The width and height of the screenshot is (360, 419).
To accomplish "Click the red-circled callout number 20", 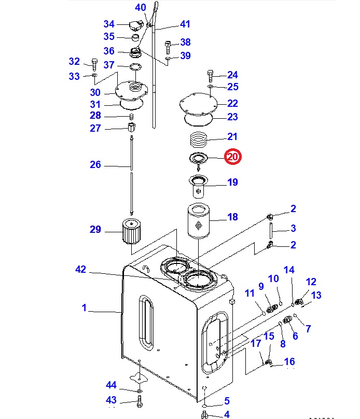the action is point(232,157).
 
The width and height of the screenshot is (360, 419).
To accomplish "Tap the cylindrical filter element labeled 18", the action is point(199,221).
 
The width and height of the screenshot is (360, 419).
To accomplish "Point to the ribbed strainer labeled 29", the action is point(131,231).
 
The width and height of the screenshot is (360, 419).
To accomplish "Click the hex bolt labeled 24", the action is point(210,76).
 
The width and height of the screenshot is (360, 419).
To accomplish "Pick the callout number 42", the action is point(81,269).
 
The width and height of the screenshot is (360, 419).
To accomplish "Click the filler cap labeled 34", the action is point(136,26).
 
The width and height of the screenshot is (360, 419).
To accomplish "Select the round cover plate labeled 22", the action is point(198,104).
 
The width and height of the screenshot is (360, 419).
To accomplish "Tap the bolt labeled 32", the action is point(94,64).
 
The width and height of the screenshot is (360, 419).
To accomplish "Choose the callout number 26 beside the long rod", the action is point(95,164).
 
